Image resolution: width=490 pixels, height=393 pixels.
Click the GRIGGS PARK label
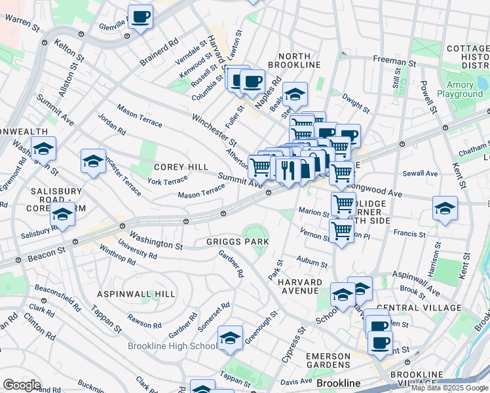[239, 242]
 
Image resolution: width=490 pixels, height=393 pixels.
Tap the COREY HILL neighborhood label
[180, 168]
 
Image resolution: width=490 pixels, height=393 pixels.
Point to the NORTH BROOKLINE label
[290, 60]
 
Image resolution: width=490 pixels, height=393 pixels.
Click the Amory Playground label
[464, 90]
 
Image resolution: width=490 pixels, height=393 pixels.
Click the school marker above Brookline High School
[230, 337]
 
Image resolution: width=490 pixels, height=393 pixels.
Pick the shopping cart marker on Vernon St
[341, 231]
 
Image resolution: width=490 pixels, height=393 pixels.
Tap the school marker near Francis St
[445, 208]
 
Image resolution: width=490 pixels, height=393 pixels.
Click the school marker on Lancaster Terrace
[93, 160]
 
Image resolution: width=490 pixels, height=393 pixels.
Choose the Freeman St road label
[394, 61]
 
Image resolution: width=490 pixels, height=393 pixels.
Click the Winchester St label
[214, 129]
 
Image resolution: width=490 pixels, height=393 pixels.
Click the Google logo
[22, 385]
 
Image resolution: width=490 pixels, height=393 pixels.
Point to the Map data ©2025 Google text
[449, 388]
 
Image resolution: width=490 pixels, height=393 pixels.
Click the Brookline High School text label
[172, 346]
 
